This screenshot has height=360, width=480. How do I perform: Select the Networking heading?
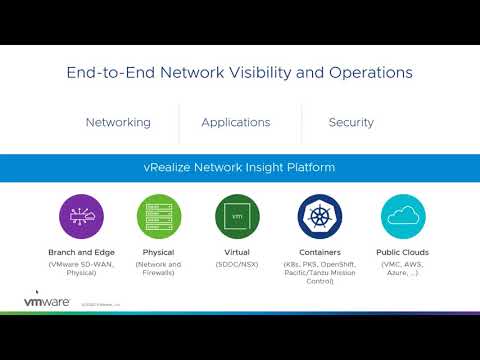(x=118, y=123)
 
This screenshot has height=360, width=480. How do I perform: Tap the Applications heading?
(x=236, y=123)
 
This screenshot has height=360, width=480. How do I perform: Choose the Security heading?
(x=351, y=123)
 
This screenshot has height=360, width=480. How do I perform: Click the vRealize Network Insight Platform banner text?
(x=240, y=167)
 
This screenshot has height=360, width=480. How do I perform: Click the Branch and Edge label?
(x=81, y=253)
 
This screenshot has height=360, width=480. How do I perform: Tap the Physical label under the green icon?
(x=158, y=253)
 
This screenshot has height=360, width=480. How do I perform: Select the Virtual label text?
(x=237, y=253)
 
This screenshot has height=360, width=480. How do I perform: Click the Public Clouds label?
(x=403, y=253)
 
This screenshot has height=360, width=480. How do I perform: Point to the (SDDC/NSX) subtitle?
(x=237, y=264)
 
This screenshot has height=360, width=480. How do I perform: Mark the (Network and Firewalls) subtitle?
(x=158, y=269)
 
